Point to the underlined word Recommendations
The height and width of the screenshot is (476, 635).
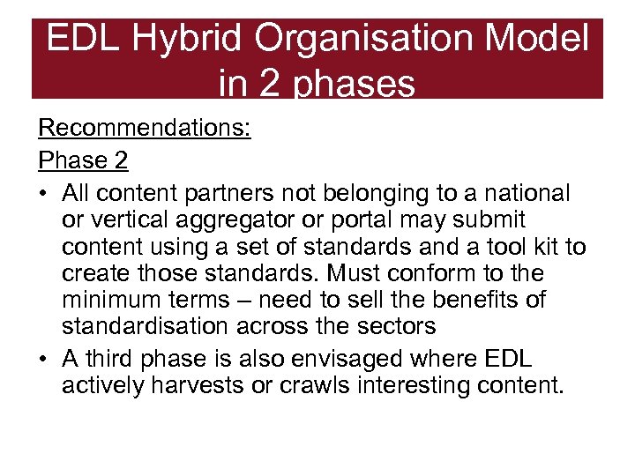point(145,129)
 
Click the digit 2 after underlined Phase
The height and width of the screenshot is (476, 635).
point(120,160)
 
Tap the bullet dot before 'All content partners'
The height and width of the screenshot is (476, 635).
point(43,193)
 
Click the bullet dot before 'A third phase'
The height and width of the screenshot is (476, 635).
point(43,361)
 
